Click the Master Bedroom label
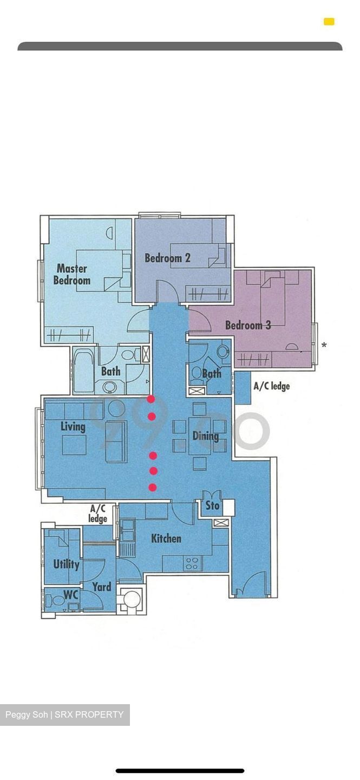pos(72,275)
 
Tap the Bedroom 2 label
pos(167,258)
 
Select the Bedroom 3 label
pos(248,325)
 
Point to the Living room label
pos(73,427)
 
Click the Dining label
pos(206,436)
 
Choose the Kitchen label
pos(166,538)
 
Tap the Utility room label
pos(66,564)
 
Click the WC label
pos(71,595)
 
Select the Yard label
pos(101,587)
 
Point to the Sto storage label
pos(212,505)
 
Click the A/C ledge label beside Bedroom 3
pos(271,386)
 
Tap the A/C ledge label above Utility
pos(98,513)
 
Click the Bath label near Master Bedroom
pos(110,372)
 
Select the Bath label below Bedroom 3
pos(211,373)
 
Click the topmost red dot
pos(151,399)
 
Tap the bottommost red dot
pos(153,487)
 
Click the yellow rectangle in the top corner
pos(329,22)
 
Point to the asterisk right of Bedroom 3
pos(324,345)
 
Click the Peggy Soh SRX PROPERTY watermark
pos(64,714)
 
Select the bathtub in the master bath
pos(83,371)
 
